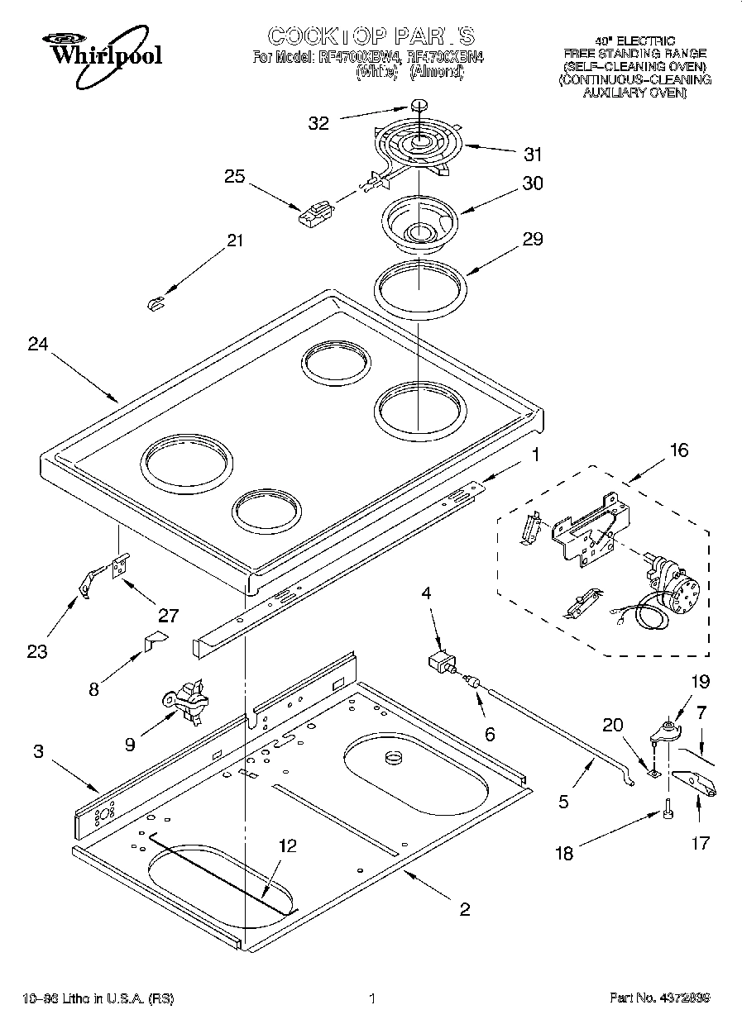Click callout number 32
click(x=318, y=123)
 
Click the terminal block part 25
click(x=314, y=215)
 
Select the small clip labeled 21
click(x=154, y=304)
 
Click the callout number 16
click(x=677, y=450)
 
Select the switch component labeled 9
click(x=188, y=700)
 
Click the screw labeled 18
click(x=666, y=814)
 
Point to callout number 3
click(x=38, y=751)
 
